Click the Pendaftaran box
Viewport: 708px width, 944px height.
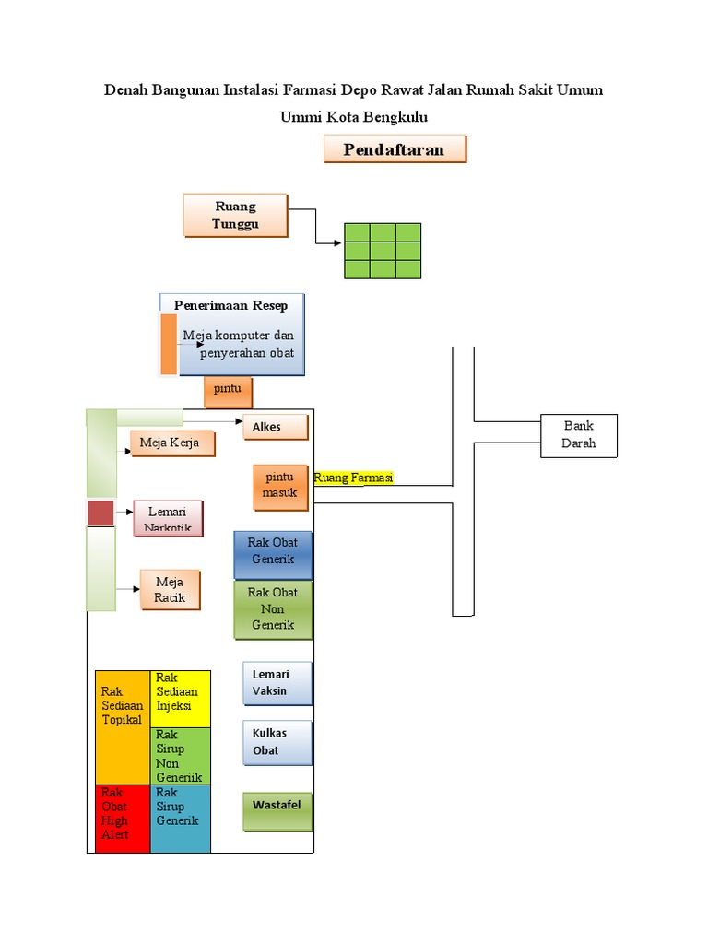(x=395, y=148)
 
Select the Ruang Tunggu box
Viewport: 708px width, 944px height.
(x=235, y=215)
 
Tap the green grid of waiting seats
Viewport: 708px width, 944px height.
(x=383, y=251)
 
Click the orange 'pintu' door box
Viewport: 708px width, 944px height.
(x=228, y=392)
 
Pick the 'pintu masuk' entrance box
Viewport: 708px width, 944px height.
(x=280, y=488)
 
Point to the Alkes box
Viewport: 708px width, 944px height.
(x=275, y=427)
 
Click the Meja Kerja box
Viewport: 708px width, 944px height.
(x=172, y=443)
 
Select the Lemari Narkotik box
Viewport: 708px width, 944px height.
(x=168, y=518)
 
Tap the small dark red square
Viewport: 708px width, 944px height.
(x=100, y=513)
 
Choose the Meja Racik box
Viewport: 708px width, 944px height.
(x=170, y=590)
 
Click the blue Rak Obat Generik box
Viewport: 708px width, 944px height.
(x=273, y=555)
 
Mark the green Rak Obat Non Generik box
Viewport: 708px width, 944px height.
(x=273, y=609)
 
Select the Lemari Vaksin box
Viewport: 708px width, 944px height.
(x=277, y=683)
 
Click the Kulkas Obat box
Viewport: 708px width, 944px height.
(x=277, y=743)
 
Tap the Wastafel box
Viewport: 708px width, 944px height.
(x=277, y=811)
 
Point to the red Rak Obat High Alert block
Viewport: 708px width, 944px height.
(x=123, y=819)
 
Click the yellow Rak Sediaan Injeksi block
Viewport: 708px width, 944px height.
(x=180, y=699)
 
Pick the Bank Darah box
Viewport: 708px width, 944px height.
(x=579, y=436)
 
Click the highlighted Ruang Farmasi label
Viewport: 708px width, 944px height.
(x=353, y=478)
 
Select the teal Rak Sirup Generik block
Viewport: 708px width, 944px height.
(x=180, y=819)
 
